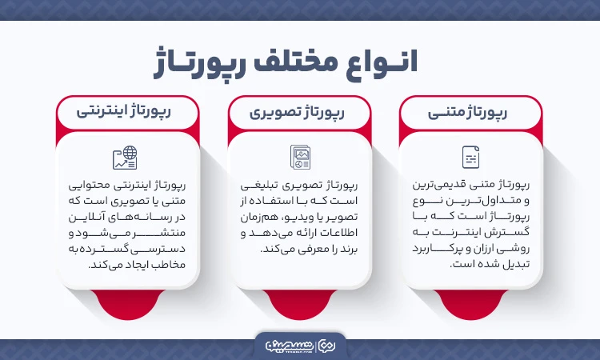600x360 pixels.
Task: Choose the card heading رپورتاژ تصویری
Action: coord(302,113)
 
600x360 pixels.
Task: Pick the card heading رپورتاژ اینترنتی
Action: coord(127,113)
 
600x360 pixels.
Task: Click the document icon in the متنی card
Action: coord(470,156)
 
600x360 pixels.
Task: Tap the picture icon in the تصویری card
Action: coord(300,156)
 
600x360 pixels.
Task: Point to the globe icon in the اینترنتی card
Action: coord(126,157)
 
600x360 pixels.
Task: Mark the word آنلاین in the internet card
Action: coord(88,217)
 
